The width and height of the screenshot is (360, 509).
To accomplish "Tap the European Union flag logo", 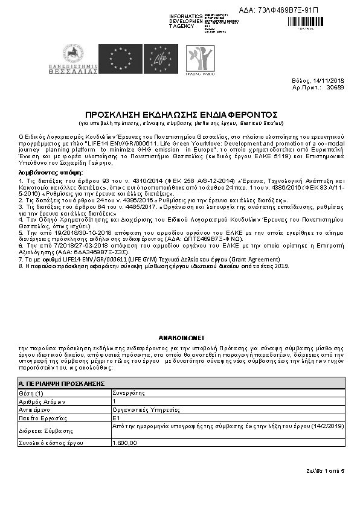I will point(124,59).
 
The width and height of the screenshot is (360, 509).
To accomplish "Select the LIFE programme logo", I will point(160,59).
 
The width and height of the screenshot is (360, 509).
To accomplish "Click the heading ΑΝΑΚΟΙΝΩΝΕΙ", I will point(181,339).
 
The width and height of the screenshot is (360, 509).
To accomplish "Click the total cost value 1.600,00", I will point(125,443).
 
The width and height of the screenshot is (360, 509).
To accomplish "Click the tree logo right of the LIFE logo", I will point(198,58).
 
